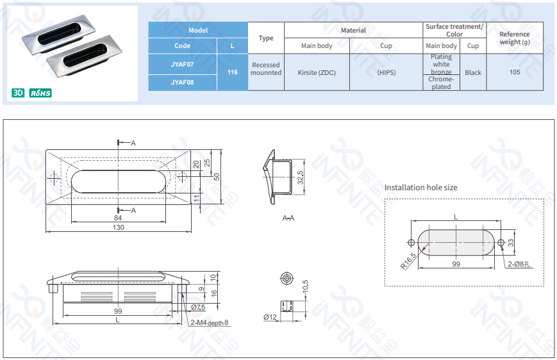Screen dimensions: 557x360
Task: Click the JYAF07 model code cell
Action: coord(182,64)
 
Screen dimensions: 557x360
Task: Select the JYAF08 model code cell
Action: coord(182,83)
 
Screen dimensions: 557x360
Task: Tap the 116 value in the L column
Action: coord(232,72)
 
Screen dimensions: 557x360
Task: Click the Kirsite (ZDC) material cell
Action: coord(317,72)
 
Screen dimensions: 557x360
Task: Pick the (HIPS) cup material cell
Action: coord(386,72)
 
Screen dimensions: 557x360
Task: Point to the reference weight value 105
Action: coord(515,72)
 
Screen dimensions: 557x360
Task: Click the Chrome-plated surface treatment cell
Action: coord(441,83)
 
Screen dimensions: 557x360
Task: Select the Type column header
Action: coord(266,38)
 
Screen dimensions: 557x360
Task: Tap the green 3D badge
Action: coord(18,93)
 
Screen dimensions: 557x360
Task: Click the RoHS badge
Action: coord(40,93)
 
